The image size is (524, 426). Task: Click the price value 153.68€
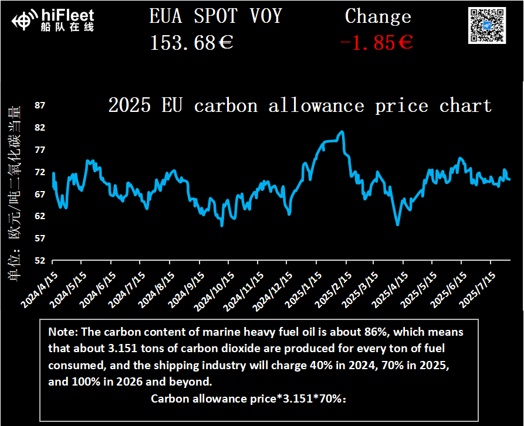pyautogui.click(x=192, y=43)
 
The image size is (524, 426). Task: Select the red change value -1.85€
pyautogui.click(x=377, y=43)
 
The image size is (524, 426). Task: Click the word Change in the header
pyautogui.click(x=378, y=16)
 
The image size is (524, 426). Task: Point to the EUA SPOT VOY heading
pyautogui.click(x=216, y=16)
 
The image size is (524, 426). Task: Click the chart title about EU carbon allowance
pyautogui.click(x=300, y=106)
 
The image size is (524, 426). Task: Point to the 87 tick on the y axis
pyautogui.click(x=40, y=105)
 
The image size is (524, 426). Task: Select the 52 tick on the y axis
pyautogui.click(x=40, y=261)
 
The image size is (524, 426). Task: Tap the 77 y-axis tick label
pyautogui.click(x=40, y=150)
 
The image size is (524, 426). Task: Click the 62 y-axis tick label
pyautogui.click(x=40, y=216)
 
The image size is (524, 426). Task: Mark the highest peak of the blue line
pyautogui.click(x=342, y=132)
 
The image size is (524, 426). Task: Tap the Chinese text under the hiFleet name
pyautogui.click(x=68, y=26)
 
